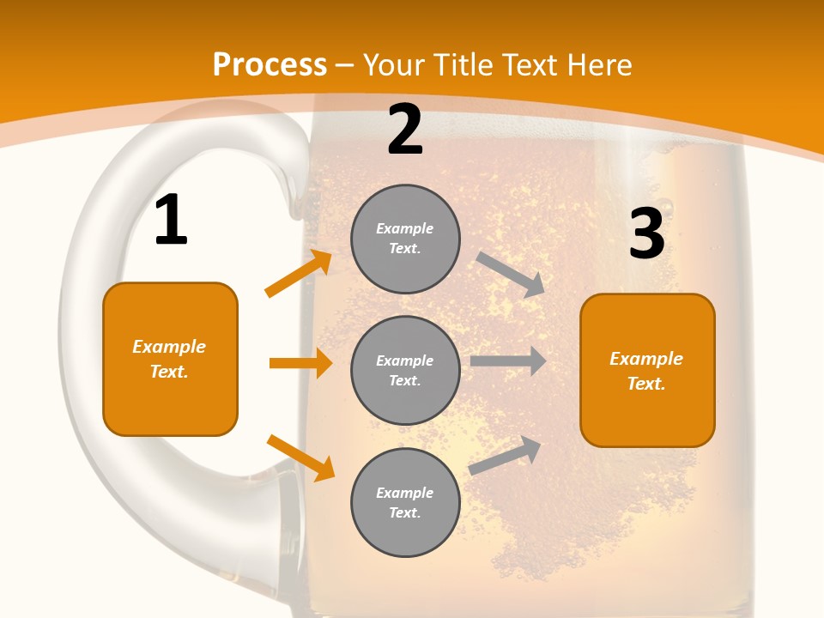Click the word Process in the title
click(x=270, y=65)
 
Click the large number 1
click(x=171, y=221)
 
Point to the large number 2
click(x=405, y=130)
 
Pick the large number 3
click(x=646, y=233)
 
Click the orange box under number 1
click(x=170, y=359)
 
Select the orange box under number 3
click(x=647, y=371)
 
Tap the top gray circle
click(x=405, y=239)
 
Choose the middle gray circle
click(x=405, y=371)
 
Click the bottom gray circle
click(x=405, y=503)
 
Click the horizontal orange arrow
click(x=300, y=363)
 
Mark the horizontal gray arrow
click(x=508, y=361)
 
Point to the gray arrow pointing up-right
click(x=506, y=455)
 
